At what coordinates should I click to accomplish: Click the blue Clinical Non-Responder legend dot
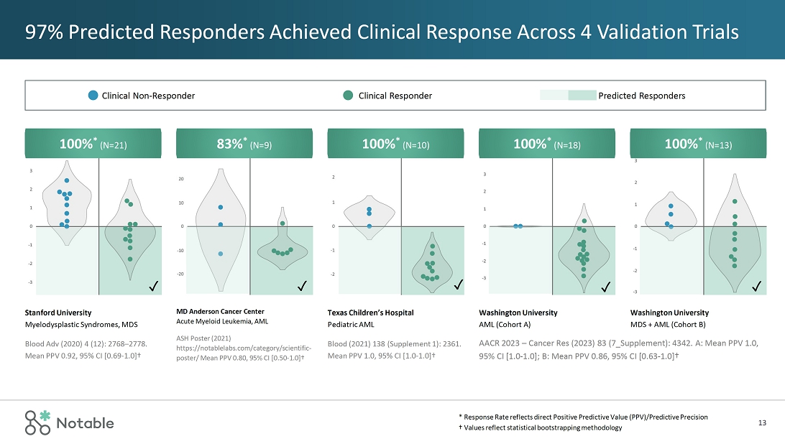click(93, 96)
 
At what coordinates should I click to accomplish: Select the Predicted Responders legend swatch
click(568, 96)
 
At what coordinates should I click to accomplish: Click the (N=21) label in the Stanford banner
click(114, 145)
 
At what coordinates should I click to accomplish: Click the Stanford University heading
click(58, 313)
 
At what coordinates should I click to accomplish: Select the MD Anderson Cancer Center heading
click(220, 311)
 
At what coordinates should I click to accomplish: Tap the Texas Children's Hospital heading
click(370, 313)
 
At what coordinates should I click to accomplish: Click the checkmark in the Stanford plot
click(153, 287)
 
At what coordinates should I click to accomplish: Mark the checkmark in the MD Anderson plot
click(304, 287)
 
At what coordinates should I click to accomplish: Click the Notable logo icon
click(39, 422)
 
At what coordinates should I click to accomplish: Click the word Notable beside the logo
click(86, 423)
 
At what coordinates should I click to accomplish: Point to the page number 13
click(762, 422)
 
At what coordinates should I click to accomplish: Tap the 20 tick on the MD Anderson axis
click(182, 179)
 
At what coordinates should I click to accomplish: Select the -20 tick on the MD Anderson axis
click(181, 274)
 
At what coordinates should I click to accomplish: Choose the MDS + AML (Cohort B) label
click(668, 325)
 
